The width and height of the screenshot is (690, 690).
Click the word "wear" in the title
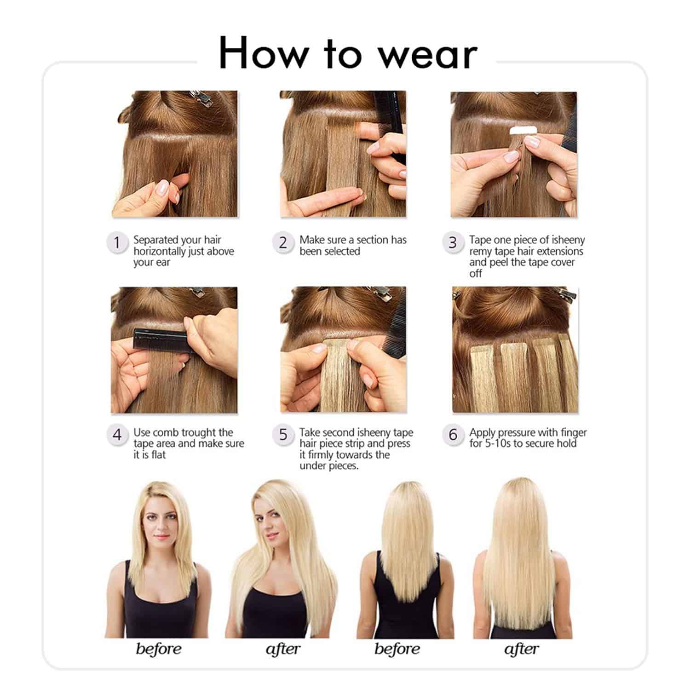pos(428,54)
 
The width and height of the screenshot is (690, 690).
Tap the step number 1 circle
pos(117,242)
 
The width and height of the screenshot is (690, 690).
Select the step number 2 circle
pos(283,242)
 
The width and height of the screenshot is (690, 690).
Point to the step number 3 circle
pos(453,242)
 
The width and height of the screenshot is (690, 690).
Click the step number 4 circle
pos(117,435)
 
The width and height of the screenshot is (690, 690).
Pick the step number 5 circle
pos(283,435)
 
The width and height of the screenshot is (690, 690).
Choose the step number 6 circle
pos(453,435)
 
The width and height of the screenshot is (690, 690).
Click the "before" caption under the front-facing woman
pos(159,649)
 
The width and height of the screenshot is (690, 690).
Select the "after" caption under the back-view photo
pos(522,649)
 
